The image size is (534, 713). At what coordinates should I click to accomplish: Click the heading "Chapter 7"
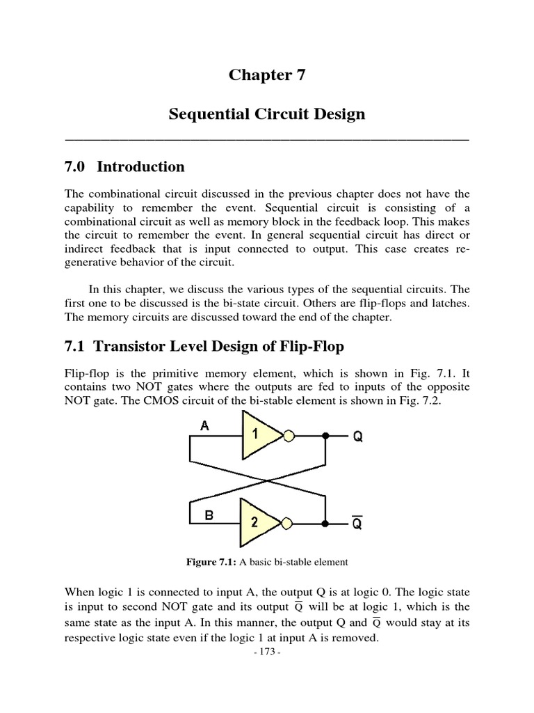pyautogui.click(x=267, y=76)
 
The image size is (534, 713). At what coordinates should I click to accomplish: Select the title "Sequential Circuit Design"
pyautogui.click(x=267, y=114)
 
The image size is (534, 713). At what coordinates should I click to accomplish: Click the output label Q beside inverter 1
pyautogui.click(x=357, y=437)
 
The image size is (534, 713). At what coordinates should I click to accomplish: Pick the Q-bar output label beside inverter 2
pyautogui.click(x=357, y=524)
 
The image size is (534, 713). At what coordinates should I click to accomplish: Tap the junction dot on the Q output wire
pyautogui.click(x=325, y=437)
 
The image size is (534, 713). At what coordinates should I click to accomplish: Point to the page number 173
pyautogui.click(x=267, y=652)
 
